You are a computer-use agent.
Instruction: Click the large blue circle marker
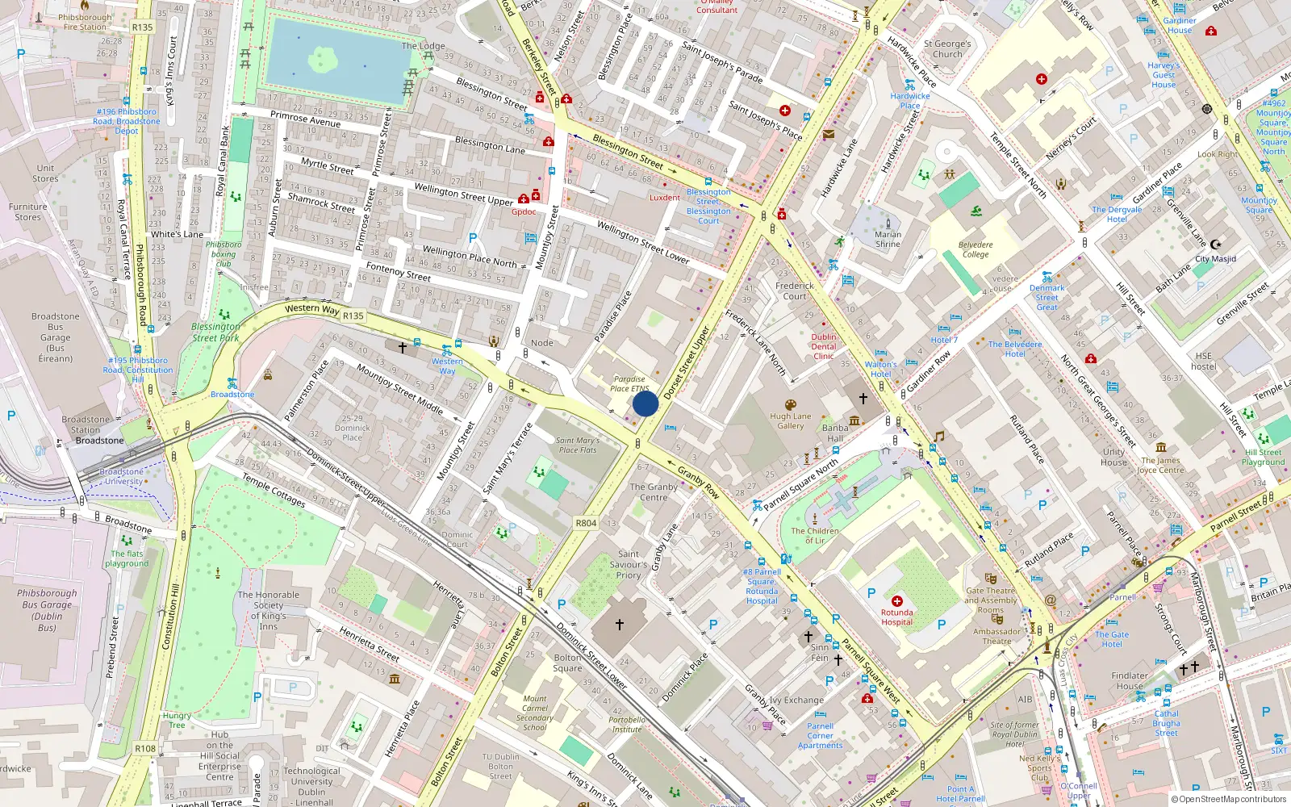(x=645, y=403)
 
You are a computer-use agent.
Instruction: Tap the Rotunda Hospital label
(x=896, y=617)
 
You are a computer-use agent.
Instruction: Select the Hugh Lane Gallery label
(x=790, y=421)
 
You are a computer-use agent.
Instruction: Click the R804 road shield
(x=586, y=523)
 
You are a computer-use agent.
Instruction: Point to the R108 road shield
(x=145, y=748)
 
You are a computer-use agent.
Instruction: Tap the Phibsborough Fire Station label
(x=85, y=22)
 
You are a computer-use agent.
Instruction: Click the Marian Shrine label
(x=888, y=239)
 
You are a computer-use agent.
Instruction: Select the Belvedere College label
(x=976, y=249)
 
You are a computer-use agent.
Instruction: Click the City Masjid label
(x=1215, y=259)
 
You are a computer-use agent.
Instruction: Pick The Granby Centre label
(x=654, y=492)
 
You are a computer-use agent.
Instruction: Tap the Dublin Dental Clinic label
(x=824, y=346)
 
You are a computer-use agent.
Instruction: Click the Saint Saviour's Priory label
(x=629, y=565)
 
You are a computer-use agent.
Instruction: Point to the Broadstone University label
(x=123, y=476)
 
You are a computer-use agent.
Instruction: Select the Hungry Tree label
(x=177, y=720)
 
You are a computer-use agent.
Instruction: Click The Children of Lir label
(x=815, y=536)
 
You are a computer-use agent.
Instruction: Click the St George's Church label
(x=947, y=49)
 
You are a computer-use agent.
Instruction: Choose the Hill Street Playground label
(x=1263, y=457)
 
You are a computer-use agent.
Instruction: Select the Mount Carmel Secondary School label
(x=534, y=713)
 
